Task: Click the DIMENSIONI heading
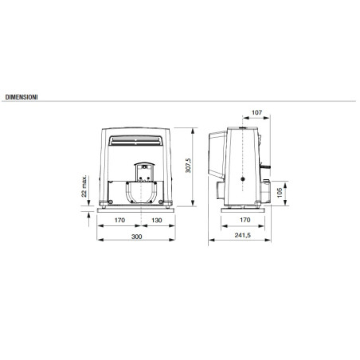click(x=22, y=96)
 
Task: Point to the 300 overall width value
click(x=138, y=237)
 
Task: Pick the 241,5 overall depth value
click(x=245, y=237)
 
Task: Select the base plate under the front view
click(x=138, y=209)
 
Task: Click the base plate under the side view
click(x=243, y=208)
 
